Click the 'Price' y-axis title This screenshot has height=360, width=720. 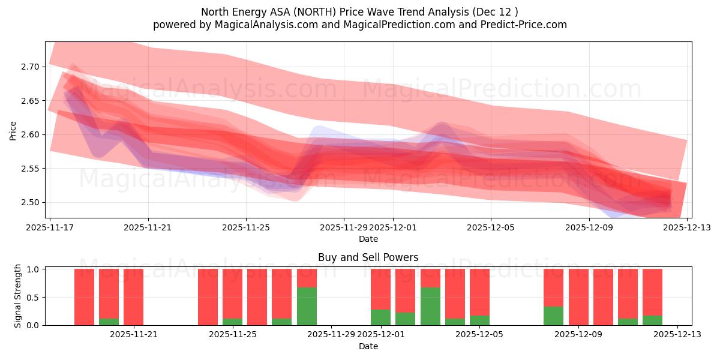13,130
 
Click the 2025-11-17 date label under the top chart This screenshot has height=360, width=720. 51,227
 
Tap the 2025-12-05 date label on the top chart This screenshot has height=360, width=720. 491,227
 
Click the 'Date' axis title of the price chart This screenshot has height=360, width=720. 368,239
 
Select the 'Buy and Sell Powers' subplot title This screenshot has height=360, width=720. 368,257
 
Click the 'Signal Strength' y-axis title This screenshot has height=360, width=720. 18,296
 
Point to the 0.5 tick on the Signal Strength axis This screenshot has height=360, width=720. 34,298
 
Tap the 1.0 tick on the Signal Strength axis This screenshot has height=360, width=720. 34,269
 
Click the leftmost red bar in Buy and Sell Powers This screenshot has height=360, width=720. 84,297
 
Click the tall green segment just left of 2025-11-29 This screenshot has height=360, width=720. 307,307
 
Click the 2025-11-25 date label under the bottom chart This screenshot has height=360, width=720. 233,334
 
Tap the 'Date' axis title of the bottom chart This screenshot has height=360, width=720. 368,346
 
